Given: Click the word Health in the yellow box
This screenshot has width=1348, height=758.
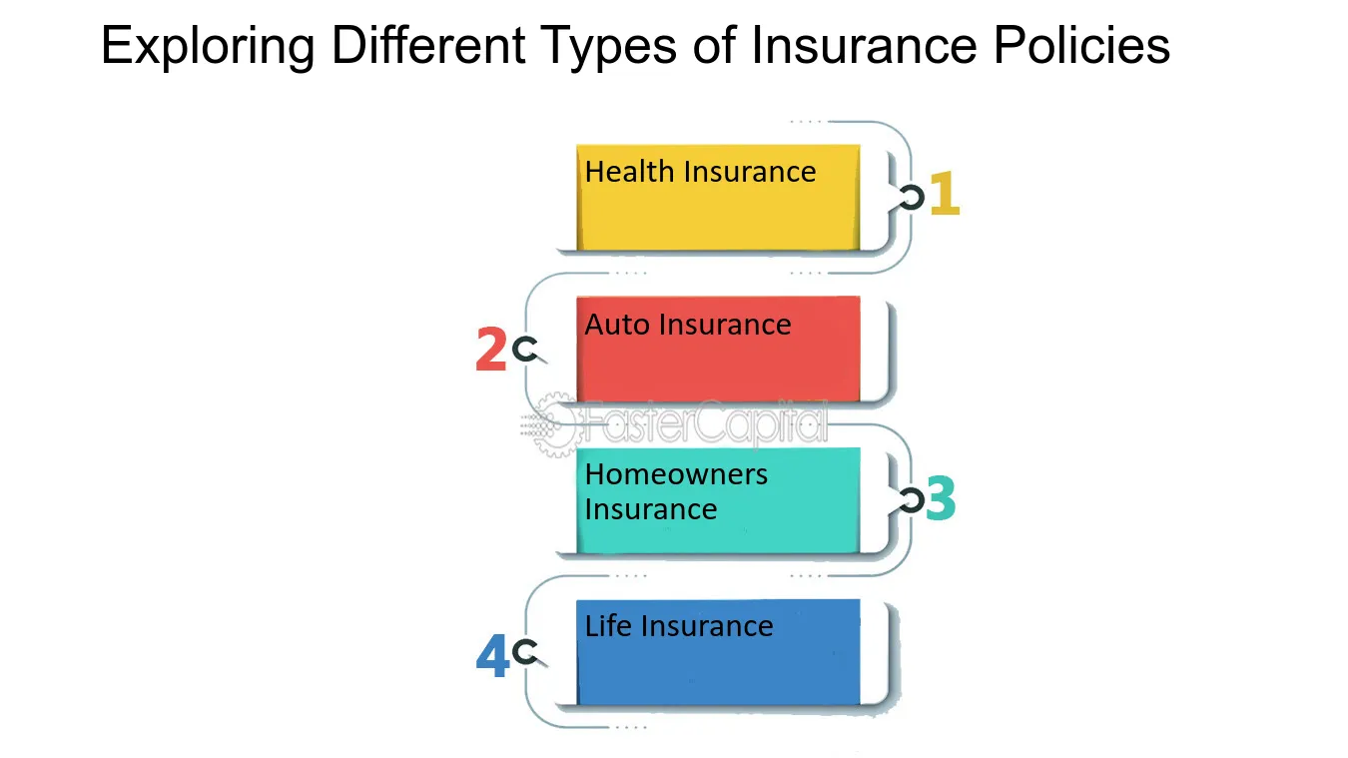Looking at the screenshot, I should point(615,172).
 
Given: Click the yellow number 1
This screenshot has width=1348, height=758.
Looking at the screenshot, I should point(945,195).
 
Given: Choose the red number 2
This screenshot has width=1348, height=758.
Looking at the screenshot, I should point(490,351).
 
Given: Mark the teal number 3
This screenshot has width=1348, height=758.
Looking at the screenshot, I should point(941,500).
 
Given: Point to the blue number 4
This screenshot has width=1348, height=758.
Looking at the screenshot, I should point(492,656).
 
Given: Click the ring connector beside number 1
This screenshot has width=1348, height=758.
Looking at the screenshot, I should point(911,198).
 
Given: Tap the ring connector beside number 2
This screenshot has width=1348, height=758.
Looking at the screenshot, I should point(524,350).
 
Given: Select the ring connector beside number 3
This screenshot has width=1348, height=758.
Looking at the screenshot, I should point(910,501).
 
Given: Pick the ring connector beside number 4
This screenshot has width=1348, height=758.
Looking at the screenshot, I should point(524,653).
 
